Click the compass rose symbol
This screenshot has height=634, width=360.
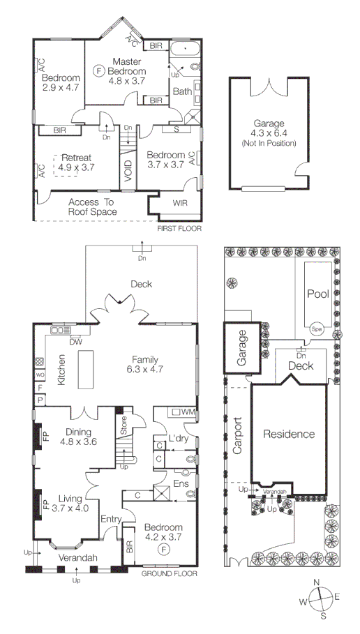pos(320,598)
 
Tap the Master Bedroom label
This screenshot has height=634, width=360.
pos(127,71)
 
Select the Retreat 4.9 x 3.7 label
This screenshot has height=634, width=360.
pos(76,162)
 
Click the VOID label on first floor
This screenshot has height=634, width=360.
pos(128,172)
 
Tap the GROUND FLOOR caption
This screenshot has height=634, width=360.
pos(169,573)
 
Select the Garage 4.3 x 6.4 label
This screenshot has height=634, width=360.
pos(269,133)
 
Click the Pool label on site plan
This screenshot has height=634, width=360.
pos(317,294)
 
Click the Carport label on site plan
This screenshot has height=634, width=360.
pos(237,435)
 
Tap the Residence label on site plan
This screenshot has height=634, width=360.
pos(289,434)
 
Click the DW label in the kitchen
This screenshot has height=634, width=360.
pos(76,342)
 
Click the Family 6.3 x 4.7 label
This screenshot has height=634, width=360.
pos(145,364)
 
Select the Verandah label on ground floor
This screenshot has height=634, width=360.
pos(77,557)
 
